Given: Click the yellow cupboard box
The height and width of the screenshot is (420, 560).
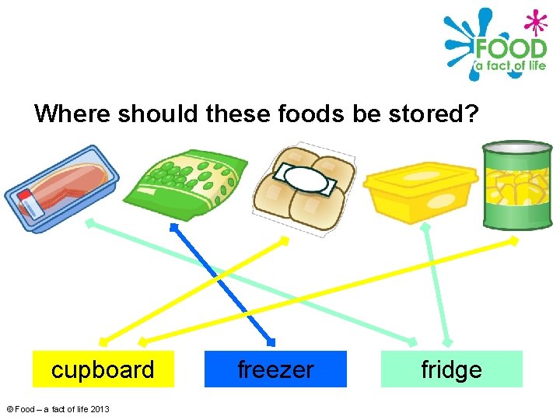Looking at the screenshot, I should [103, 369].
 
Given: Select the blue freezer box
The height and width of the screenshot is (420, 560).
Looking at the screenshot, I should [275, 369].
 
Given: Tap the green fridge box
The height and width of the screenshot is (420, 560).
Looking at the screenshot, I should [451, 369].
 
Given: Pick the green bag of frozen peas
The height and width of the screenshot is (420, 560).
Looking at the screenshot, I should [187, 180].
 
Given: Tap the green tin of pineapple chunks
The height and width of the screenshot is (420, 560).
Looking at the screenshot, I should [516, 185].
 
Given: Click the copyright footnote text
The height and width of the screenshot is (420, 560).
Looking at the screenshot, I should [58, 409].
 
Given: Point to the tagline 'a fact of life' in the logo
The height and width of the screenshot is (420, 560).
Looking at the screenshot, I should [510, 66].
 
